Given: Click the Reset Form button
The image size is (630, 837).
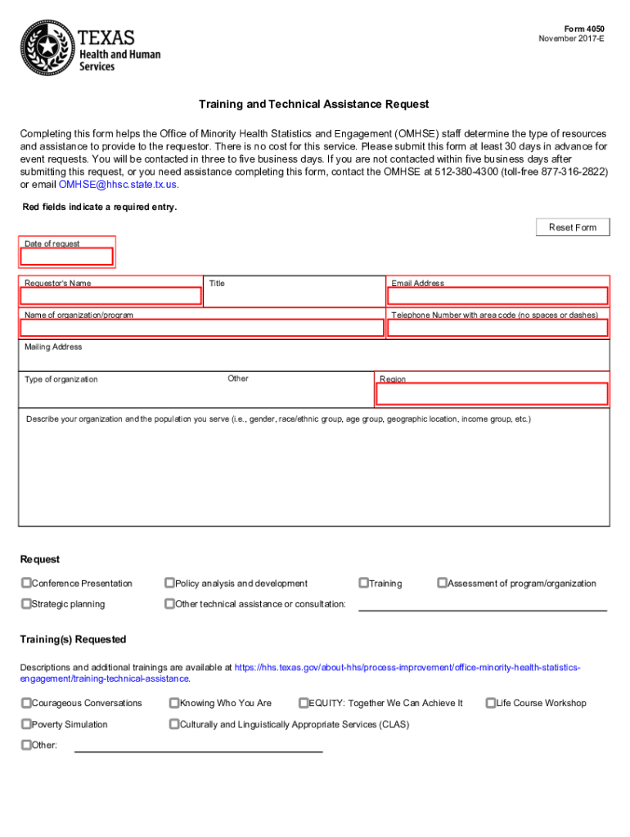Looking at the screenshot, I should point(573,227).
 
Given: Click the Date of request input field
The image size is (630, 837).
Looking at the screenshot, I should point(67,257).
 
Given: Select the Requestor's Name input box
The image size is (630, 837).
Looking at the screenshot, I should point(111,296).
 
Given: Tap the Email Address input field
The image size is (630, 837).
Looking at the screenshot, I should point(498,296).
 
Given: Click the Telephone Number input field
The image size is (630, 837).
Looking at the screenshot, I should point(498,328).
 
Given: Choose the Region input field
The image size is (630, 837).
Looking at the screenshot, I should point(492,394).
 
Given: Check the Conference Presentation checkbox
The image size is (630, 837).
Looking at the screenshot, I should point(26,584).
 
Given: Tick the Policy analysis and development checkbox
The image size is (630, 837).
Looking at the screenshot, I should point(169,584).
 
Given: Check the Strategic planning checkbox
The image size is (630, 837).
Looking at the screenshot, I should point(26,604).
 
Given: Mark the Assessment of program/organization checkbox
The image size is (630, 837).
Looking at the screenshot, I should point(442,584).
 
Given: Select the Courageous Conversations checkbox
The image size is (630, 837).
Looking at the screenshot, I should point(26,703).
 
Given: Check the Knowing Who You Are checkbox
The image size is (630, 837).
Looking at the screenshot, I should point(174,703).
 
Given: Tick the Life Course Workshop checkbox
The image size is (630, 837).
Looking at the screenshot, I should point(491,703).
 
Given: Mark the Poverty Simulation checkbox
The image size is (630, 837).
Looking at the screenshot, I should point(26,724).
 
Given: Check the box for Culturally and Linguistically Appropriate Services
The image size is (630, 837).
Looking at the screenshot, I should point(174,724).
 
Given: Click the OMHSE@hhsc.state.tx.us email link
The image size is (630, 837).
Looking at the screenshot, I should point(118,185).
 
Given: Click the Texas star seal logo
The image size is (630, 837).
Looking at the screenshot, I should point(47,48).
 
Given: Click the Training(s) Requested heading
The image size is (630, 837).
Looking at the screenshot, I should point(73,639).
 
